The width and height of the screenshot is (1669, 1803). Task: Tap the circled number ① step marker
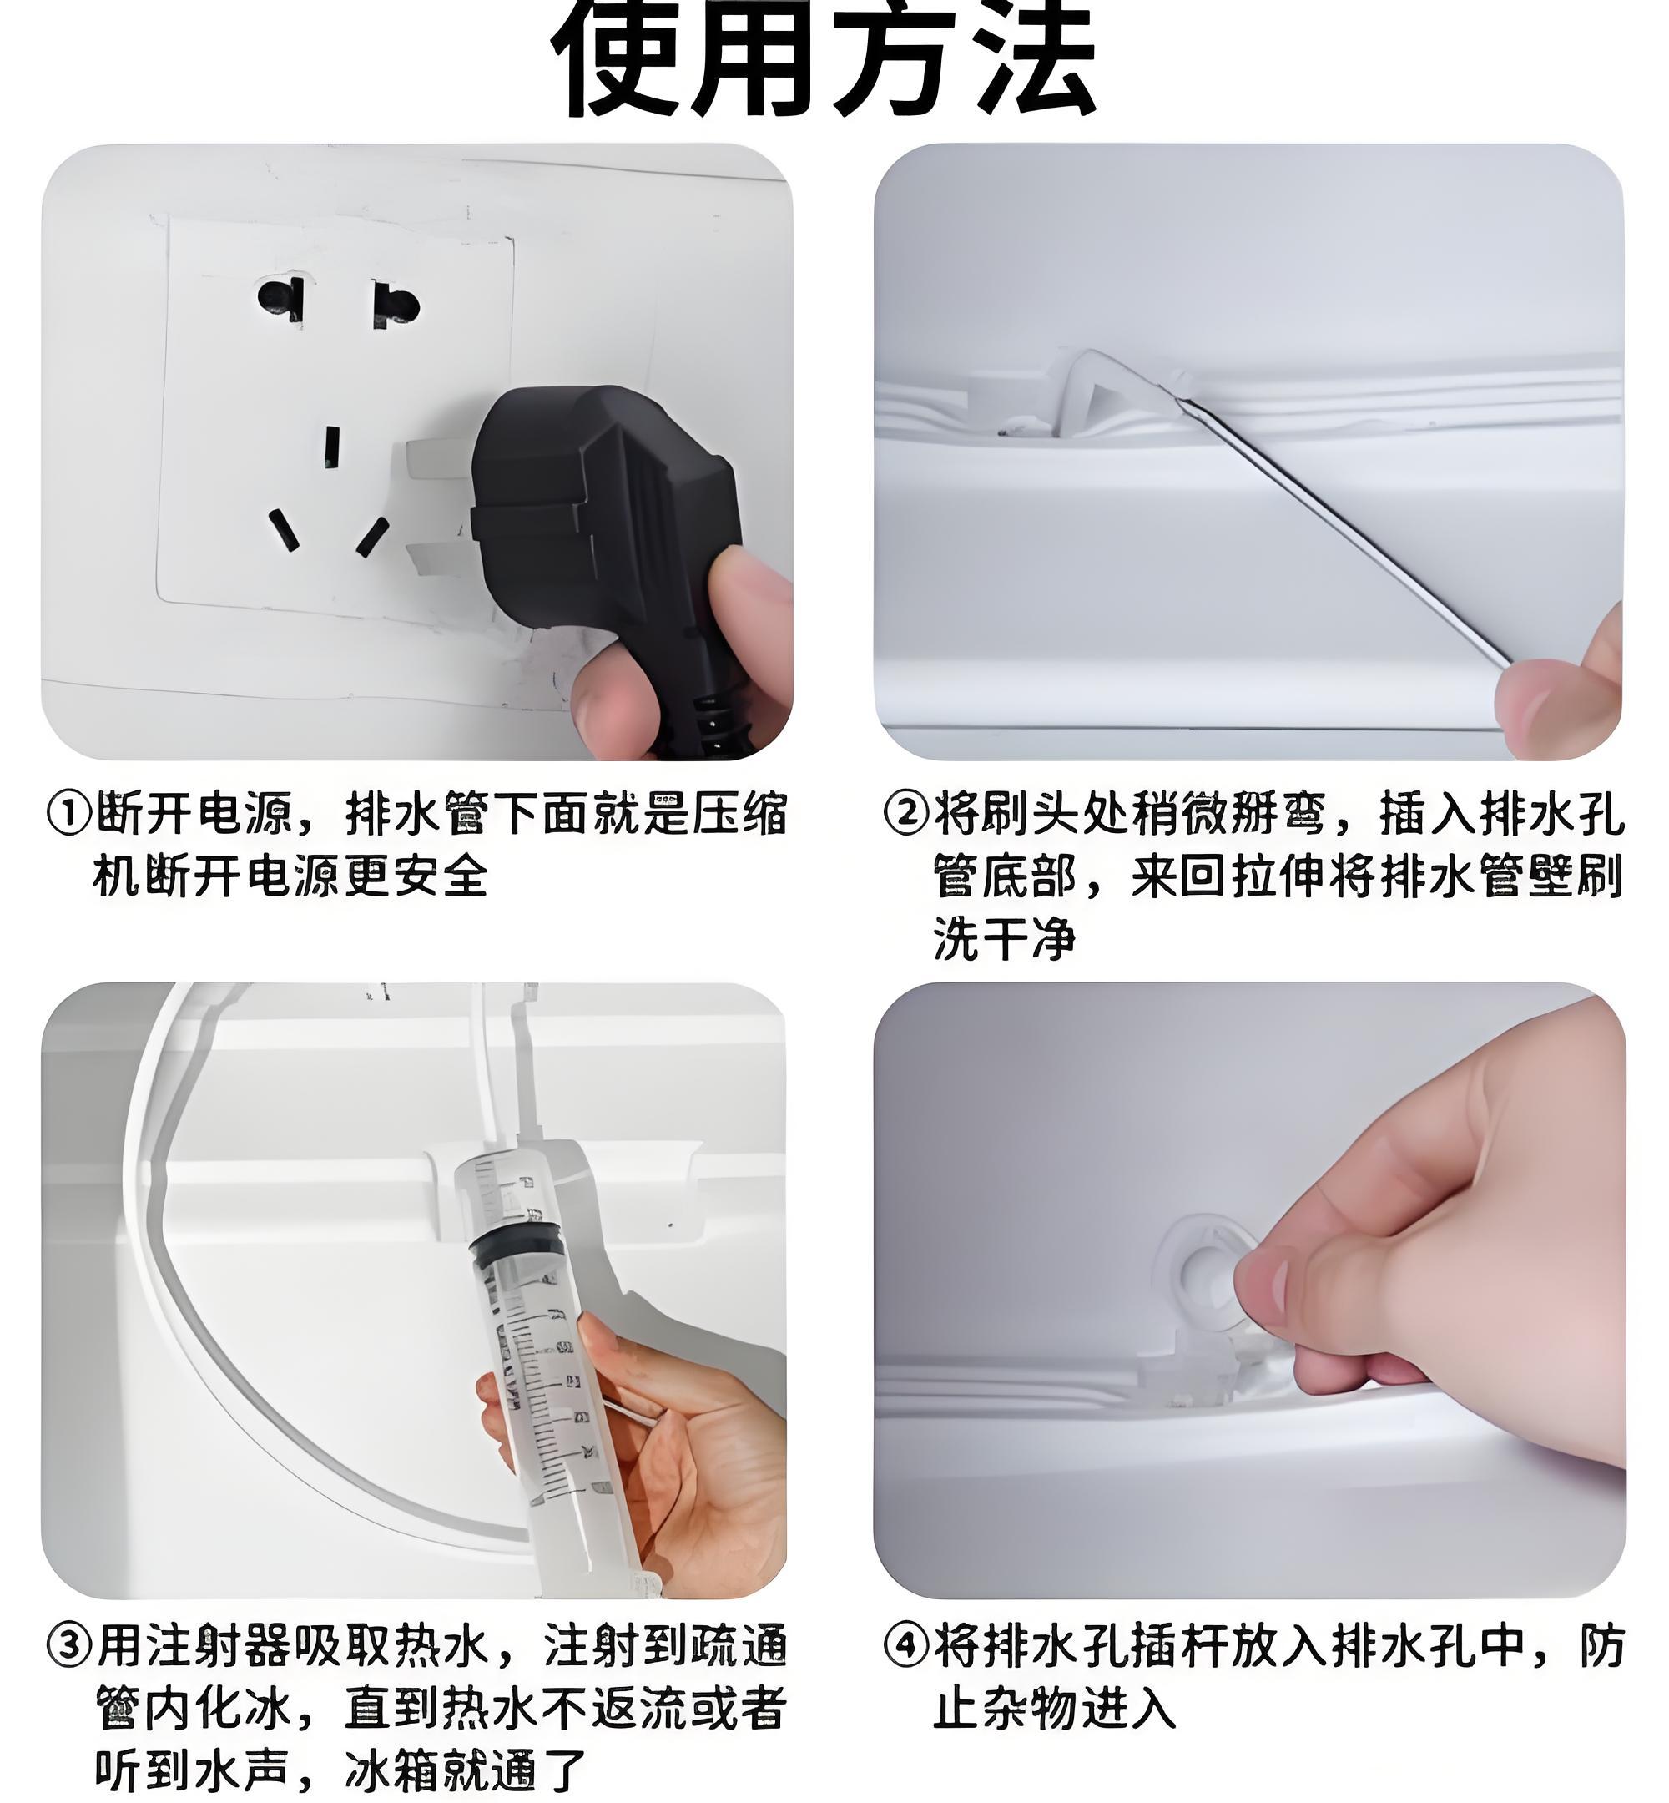point(68,813)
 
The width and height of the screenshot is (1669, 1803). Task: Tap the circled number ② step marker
point(905,813)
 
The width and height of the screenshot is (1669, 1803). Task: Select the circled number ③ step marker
point(68,1646)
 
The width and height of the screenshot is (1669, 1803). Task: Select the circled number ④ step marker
point(905,1646)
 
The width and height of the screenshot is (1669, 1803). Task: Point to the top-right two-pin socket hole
point(396,306)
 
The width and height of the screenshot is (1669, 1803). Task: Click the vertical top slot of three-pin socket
point(331,447)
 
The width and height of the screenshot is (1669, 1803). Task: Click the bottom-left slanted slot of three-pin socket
point(284,531)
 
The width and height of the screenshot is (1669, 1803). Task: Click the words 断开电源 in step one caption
point(194,813)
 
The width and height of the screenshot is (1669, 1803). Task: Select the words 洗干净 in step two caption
point(1004,937)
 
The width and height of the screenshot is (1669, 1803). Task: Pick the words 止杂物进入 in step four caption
point(1053,1709)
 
